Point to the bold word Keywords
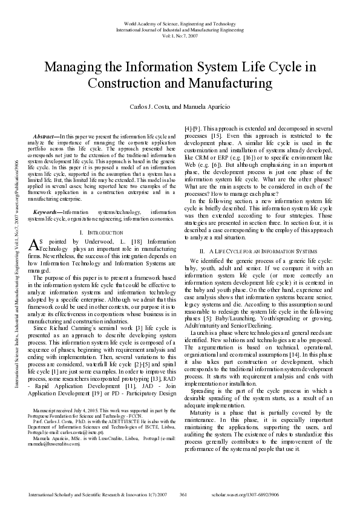47,195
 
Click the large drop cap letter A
34,227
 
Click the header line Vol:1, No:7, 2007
180,35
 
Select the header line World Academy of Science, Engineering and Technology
180,22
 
